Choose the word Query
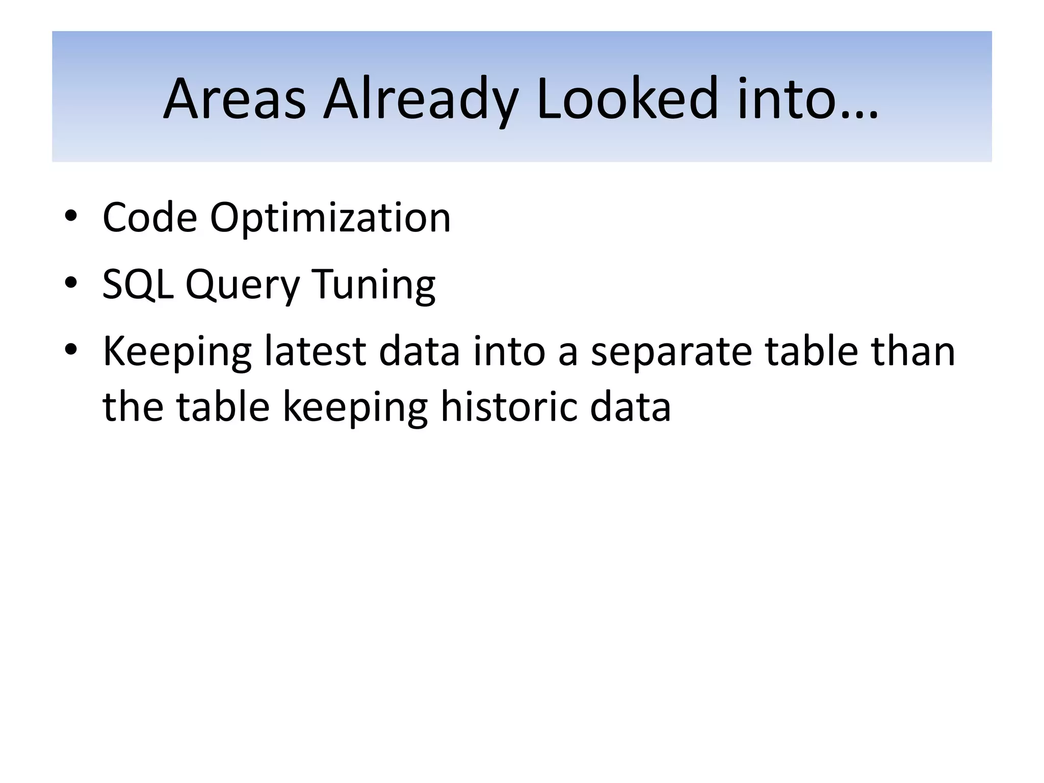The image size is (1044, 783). click(243, 284)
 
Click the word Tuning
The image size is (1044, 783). click(373, 284)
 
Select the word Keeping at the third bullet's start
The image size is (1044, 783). click(177, 351)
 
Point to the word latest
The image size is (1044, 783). click(315, 351)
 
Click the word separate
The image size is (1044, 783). click(671, 351)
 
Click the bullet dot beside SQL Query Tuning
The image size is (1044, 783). click(71, 282)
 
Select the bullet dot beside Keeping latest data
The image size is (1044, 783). click(71, 349)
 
